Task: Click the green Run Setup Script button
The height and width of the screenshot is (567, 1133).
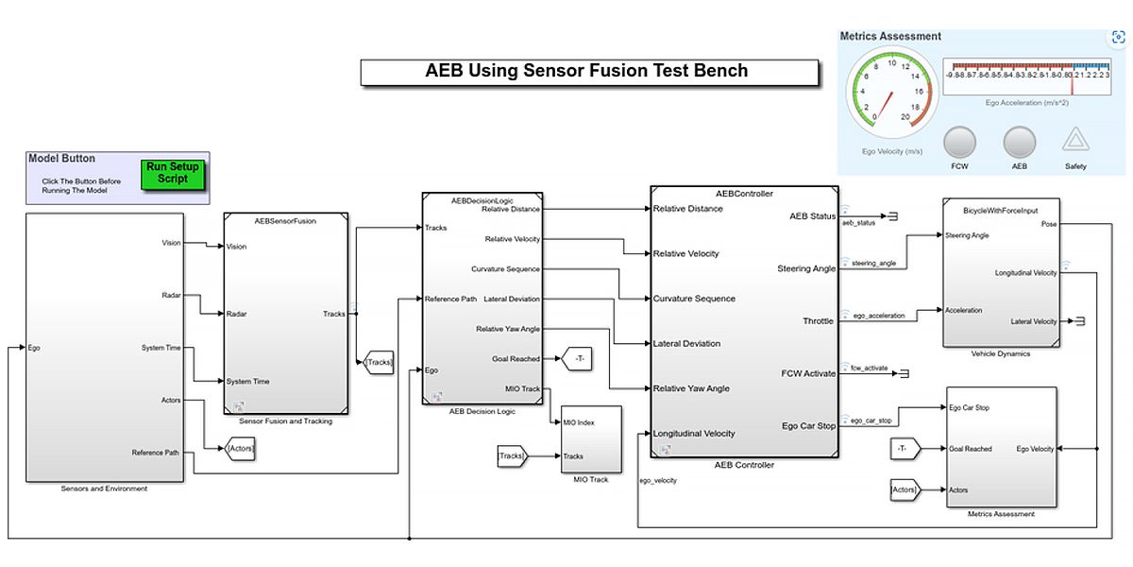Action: (172, 174)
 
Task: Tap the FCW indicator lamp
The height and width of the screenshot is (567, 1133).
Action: (959, 143)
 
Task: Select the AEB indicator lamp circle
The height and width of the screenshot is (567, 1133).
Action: (1019, 143)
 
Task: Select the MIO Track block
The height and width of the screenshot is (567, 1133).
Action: (591, 438)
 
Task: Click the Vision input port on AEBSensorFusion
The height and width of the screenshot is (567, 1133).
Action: (236, 247)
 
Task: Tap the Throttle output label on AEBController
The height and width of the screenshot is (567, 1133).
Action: (819, 321)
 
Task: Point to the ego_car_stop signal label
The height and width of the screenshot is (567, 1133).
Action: (871, 421)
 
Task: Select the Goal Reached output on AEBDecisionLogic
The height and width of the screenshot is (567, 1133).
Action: (516, 359)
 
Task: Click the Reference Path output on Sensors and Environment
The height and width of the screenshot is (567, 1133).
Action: (156, 453)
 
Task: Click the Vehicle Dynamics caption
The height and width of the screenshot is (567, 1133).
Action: (1000, 353)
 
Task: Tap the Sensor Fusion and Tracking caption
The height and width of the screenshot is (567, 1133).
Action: (286, 421)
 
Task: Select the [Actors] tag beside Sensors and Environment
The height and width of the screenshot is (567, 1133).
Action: (241, 449)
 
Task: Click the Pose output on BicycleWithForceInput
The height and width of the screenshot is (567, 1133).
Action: (1048, 224)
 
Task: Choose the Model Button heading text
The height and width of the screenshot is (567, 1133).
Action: (62, 159)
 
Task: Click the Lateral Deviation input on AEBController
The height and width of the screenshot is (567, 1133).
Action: (686, 344)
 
